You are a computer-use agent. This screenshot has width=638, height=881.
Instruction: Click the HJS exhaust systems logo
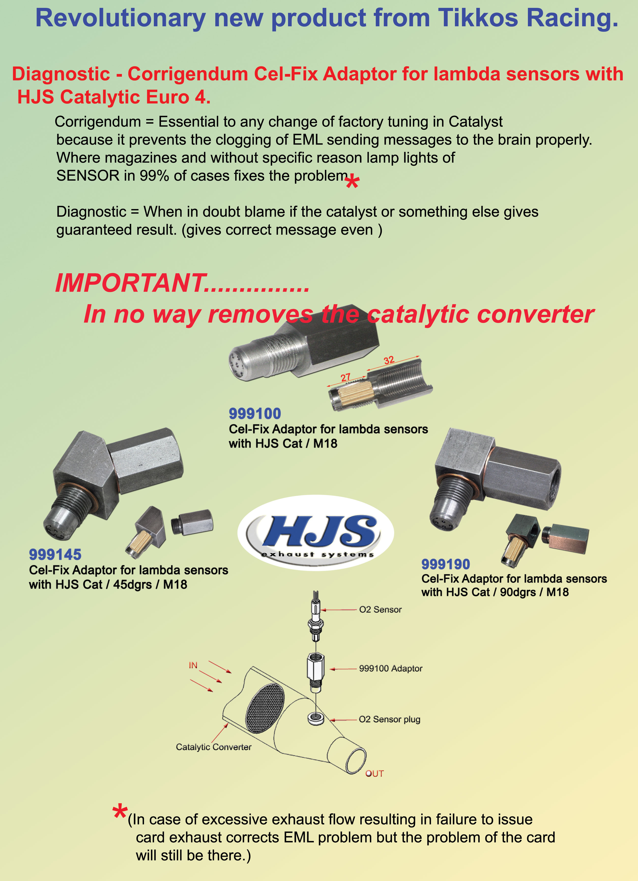pyautogui.click(x=316, y=533)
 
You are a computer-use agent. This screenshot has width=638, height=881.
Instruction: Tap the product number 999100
pyautogui.click(x=255, y=414)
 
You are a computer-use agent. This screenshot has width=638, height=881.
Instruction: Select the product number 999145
pyautogui.click(x=55, y=555)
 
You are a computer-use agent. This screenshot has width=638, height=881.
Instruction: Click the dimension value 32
pyautogui.click(x=389, y=360)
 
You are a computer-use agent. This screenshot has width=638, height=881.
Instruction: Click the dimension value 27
pyautogui.click(x=346, y=377)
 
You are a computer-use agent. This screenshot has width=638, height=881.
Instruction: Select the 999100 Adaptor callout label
pyautogui.click(x=391, y=668)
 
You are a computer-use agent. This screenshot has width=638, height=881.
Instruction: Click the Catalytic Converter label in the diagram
pyautogui.click(x=214, y=747)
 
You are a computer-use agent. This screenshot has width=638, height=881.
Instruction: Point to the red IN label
pyautogui.click(x=193, y=665)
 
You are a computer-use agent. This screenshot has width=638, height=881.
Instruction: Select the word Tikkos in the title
pyautogui.click(x=478, y=18)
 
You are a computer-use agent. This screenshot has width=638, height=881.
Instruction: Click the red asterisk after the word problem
pyautogui.click(x=352, y=182)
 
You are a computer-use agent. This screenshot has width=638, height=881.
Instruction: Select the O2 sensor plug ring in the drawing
pyautogui.click(x=316, y=719)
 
